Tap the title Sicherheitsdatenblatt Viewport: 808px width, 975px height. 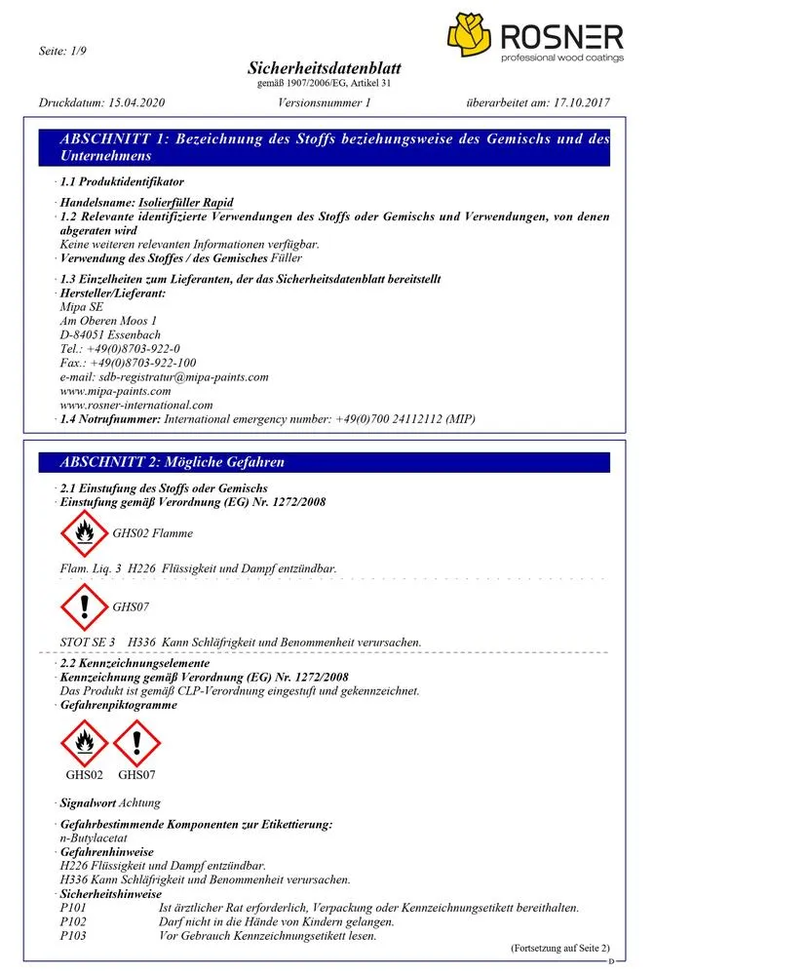pyautogui.click(x=325, y=69)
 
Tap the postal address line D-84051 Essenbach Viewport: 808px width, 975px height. pyautogui.click(x=110, y=334)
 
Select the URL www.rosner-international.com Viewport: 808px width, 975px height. pyautogui.click(x=136, y=405)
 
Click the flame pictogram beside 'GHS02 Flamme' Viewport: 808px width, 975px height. pyautogui.click(x=84, y=533)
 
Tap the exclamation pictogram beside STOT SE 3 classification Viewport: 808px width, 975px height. pyautogui.click(x=84, y=607)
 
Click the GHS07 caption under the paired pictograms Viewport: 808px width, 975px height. pyautogui.click(x=136, y=775)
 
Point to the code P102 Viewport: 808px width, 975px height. pyautogui.click(x=73, y=921)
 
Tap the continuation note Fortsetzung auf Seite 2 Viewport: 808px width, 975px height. pyautogui.click(x=559, y=948)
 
